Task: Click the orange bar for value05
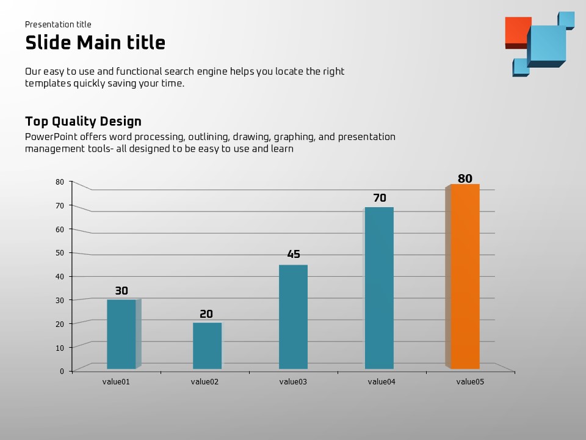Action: tap(465, 276)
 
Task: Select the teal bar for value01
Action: tap(121, 334)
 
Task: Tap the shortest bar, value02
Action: tap(207, 345)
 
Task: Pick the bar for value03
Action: tap(293, 317)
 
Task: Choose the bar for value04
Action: tap(379, 288)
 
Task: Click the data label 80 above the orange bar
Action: tap(465, 178)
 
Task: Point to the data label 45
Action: tap(294, 254)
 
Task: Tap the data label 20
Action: tap(206, 314)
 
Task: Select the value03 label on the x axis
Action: tap(293, 382)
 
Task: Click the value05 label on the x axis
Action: tap(470, 382)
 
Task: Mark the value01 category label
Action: tap(116, 382)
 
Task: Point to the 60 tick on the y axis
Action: tap(60, 229)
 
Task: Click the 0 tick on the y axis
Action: tap(62, 371)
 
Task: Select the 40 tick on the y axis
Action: tap(60, 276)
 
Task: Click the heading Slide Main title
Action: tap(95, 43)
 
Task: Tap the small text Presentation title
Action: tap(58, 24)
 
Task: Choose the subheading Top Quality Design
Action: tap(83, 121)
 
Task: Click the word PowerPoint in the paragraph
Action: tap(48, 137)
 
